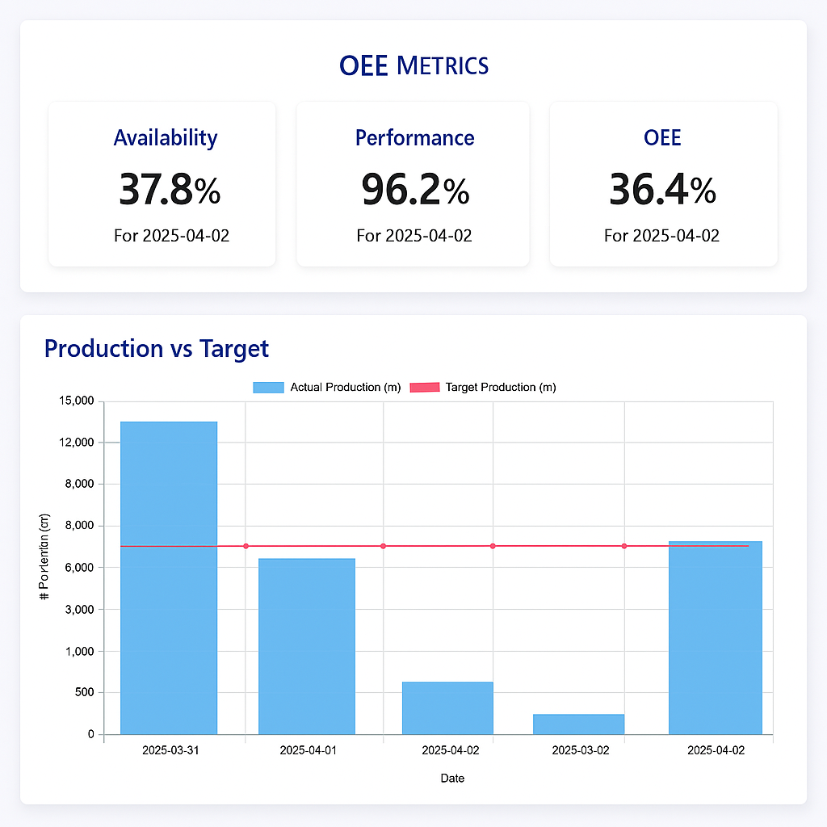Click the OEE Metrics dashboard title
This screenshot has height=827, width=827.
click(413, 65)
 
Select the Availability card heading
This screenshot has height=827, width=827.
click(165, 138)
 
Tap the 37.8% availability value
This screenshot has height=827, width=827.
click(169, 190)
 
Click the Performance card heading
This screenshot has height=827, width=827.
click(414, 138)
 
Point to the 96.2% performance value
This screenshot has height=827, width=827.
click(414, 190)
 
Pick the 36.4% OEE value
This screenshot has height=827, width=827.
click(661, 190)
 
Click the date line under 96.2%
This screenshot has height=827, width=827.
click(414, 236)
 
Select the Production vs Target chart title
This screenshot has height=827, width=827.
click(156, 349)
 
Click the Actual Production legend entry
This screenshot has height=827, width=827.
click(327, 388)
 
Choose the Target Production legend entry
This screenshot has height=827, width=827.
click(484, 388)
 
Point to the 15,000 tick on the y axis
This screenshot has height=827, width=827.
click(77, 401)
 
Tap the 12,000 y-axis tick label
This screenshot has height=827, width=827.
click(77, 443)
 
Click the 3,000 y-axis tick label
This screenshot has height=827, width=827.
click(79, 609)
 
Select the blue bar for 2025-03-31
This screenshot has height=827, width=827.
click(168, 577)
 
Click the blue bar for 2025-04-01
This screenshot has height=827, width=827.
click(306, 646)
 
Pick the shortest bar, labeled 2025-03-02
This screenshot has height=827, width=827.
click(578, 724)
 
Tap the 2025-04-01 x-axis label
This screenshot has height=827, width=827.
click(308, 750)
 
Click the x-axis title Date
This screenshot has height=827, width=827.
click(452, 779)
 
